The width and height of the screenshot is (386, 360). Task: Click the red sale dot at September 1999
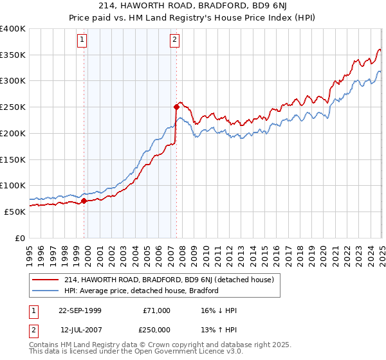pyautogui.click(x=84, y=201)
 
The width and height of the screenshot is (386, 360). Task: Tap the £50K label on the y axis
pyautogui.click(x=15, y=212)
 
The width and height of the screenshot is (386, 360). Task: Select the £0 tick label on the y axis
pyautogui.click(x=21, y=238)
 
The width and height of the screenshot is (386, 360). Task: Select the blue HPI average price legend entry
pyautogui.click(x=142, y=291)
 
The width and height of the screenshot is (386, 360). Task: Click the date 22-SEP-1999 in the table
pyautogui.click(x=80, y=310)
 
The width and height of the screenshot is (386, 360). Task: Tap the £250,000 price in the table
pyautogui.click(x=157, y=330)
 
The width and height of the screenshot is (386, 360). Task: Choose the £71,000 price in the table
pyautogui.click(x=157, y=310)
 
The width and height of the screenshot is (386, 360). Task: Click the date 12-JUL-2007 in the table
pyautogui.click(x=80, y=330)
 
